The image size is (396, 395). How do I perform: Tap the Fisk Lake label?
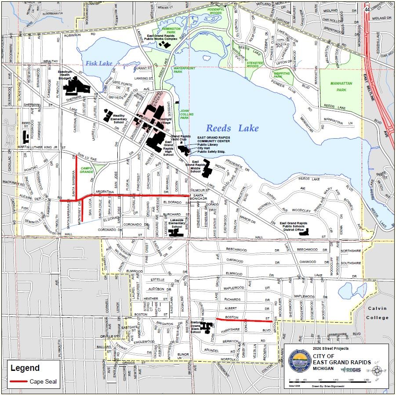coord(99,63)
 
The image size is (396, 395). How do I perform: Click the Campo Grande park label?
coord(86,170)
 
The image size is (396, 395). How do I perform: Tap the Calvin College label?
coord(378,313)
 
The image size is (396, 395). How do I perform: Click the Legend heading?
coord(25,368)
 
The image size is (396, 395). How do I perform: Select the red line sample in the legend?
coord(17,381)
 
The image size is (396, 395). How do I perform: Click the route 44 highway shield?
coord(367,9)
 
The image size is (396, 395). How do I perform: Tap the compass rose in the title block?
coord(377,371)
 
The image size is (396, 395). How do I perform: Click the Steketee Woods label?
coord(255,65)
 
